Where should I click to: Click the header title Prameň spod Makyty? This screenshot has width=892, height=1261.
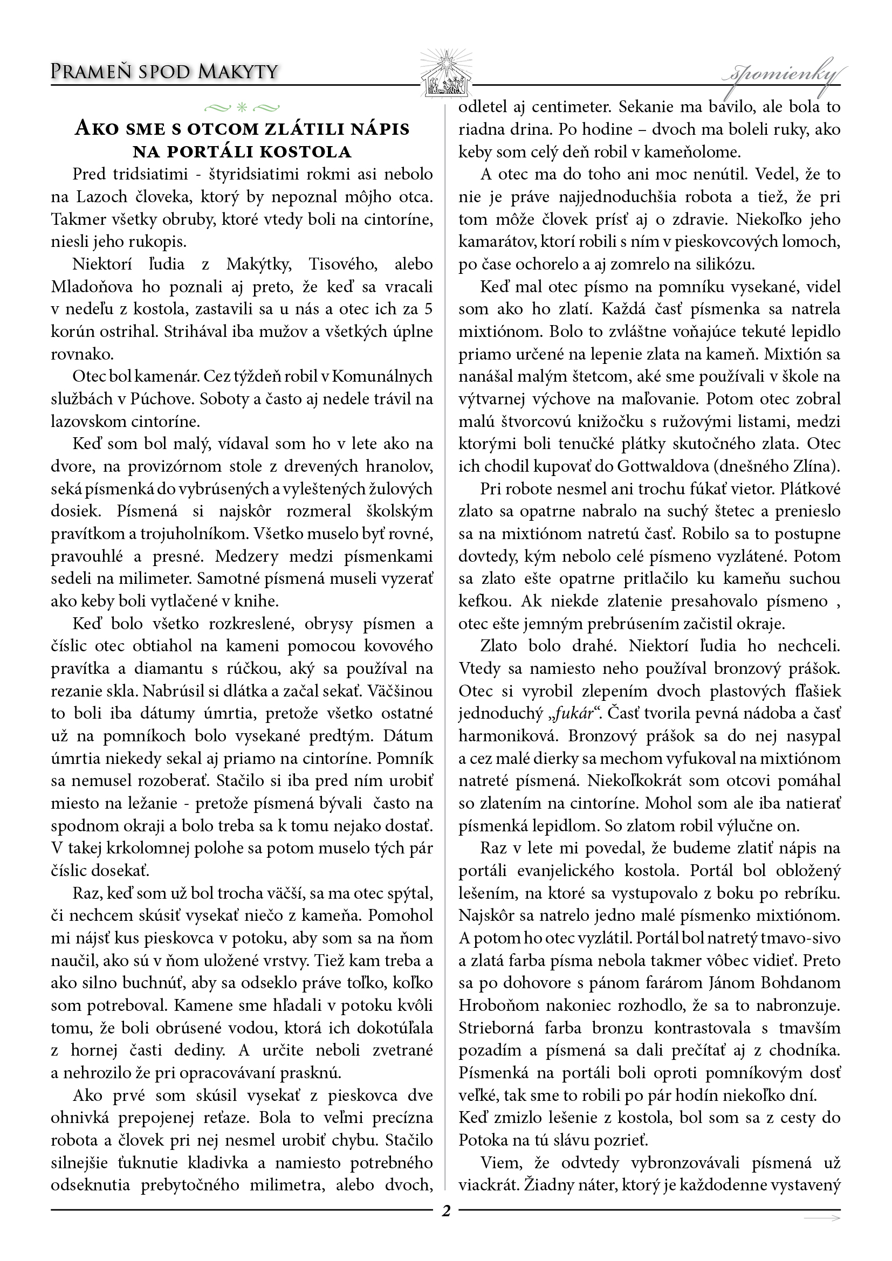tap(164, 72)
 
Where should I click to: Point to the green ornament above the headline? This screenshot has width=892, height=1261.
tap(242, 106)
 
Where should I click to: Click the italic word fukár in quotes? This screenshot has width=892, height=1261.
tap(567, 713)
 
